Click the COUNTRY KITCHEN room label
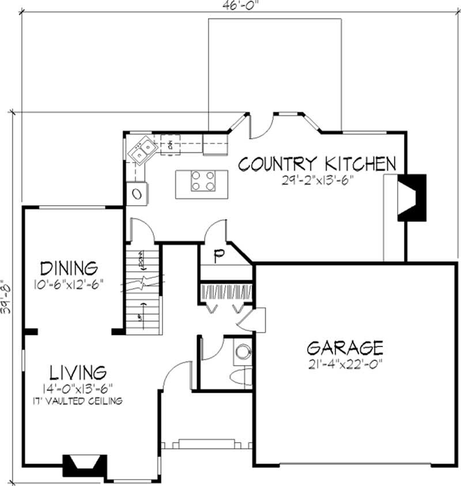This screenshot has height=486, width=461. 317,164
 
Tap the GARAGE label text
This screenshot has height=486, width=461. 345,348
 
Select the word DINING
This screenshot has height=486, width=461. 69,269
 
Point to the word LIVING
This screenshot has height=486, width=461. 77,371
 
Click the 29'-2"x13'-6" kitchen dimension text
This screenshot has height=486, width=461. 317,179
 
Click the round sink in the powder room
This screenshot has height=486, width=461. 243,351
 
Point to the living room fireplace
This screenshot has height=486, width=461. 84,463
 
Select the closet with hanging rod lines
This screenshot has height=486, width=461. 225,291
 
